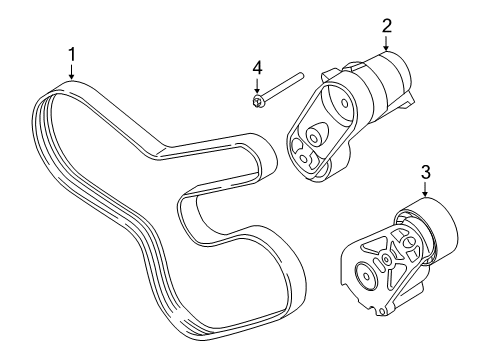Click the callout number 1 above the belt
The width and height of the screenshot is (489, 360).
point(72,54)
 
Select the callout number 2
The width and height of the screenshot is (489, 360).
point(386,25)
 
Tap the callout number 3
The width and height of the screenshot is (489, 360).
point(425,172)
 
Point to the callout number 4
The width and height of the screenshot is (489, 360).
point(257,68)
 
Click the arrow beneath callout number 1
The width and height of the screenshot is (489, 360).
point(72,72)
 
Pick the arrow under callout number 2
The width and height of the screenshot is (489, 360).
point(386,43)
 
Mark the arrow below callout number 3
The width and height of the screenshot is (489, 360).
point(425,190)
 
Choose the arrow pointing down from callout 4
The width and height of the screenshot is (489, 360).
point(257,86)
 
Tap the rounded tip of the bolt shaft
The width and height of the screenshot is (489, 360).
point(301,75)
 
